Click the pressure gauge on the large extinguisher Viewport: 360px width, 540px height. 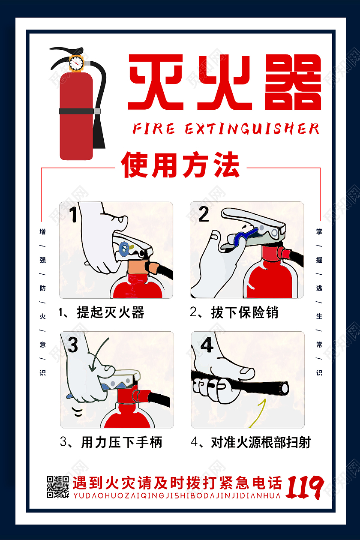tap(76, 63)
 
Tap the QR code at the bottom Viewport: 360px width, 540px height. tap(57, 487)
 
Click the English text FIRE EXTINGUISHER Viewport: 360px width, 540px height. tap(226, 129)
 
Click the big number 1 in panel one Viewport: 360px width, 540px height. tap(73, 214)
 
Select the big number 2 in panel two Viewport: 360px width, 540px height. tap(203, 214)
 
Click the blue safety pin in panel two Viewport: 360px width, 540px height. tap(243, 235)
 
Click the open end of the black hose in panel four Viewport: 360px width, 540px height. tap(284, 388)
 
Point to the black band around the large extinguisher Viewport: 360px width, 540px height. tap(76, 111)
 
